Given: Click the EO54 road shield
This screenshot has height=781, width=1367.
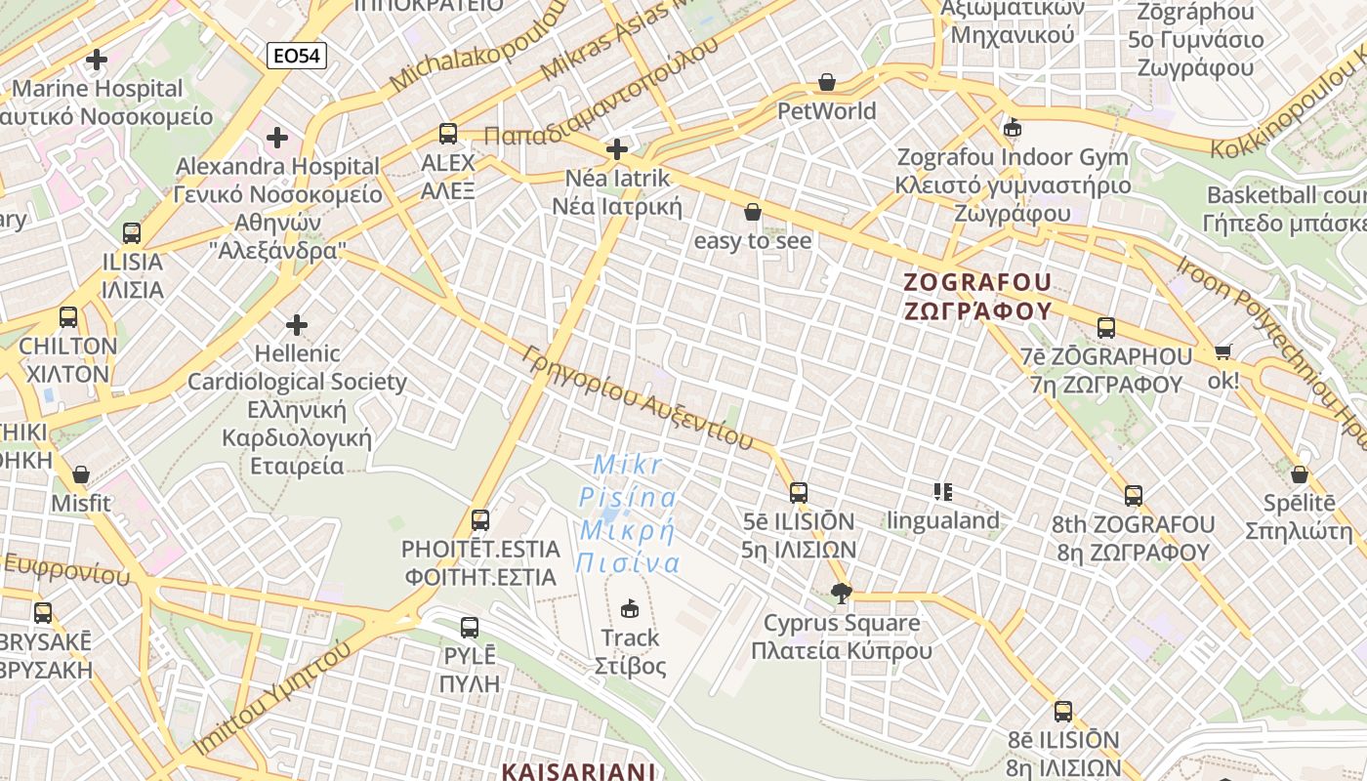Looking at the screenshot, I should [297, 56].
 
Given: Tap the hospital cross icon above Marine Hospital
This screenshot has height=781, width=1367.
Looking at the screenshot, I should [97, 60].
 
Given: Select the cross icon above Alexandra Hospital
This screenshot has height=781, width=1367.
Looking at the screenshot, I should [277, 138].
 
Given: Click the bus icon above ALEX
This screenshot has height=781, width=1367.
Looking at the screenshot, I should [448, 133].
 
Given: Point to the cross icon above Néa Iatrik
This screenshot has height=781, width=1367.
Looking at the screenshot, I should [616, 149].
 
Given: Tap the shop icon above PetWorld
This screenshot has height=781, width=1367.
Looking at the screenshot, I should [827, 82].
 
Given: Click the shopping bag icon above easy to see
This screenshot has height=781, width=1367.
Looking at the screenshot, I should [752, 211].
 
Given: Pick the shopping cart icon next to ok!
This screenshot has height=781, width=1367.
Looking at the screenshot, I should [1222, 351].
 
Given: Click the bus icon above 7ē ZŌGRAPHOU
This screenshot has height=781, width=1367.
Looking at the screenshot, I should [1106, 328].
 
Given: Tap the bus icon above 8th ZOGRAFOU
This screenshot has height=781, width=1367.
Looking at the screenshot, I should [1133, 495].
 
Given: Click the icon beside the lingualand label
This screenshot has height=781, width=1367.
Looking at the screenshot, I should [942, 492].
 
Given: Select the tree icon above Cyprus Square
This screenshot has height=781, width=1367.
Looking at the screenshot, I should [841, 593].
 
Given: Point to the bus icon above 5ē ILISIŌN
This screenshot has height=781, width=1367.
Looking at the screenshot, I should [799, 492].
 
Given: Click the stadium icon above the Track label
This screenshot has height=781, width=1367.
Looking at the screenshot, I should [630, 609].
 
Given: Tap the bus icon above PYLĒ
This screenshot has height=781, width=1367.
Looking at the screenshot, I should [470, 627].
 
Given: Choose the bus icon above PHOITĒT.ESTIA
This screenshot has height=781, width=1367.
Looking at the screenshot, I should [479, 519].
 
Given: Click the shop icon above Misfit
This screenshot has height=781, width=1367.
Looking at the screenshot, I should [81, 475].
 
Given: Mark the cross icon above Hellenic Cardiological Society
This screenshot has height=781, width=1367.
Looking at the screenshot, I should [297, 324].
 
